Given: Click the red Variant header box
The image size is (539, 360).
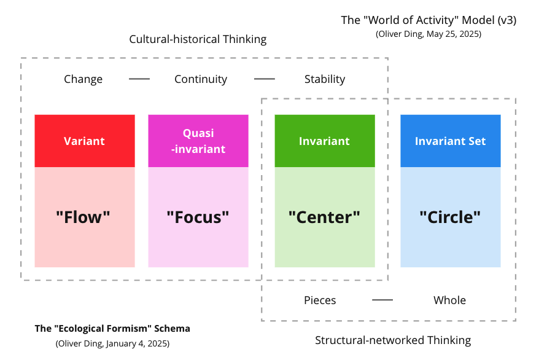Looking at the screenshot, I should click(x=85, y=141).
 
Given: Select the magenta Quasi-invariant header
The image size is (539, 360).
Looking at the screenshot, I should click(x=198, y=141).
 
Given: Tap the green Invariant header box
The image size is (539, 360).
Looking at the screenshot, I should click(x=324, y=141).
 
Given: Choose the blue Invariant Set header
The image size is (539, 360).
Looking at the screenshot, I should click(x=450, y=141).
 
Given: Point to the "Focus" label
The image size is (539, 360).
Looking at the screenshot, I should click(x=198, y=217).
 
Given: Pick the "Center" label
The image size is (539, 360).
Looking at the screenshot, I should click(x=324, y=217).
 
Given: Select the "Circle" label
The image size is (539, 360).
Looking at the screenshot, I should click(x=450, y=217).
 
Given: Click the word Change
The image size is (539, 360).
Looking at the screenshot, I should click(x=83, y=79).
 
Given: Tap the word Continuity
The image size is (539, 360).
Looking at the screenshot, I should click(x=201, y=79).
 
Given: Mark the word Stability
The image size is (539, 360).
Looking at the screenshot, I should click(x=325, y=79).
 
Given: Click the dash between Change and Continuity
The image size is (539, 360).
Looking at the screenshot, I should click(x=139, y=79).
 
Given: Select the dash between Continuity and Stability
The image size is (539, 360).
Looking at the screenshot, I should click(x=265, y=79).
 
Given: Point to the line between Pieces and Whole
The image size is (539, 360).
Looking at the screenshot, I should click(x=382, y=300).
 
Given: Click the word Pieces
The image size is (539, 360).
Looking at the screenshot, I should click(x=320, y=300).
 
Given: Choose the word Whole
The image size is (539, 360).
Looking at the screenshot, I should click(x=449, y=300).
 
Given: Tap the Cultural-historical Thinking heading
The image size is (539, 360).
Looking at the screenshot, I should click(x=198, y=39).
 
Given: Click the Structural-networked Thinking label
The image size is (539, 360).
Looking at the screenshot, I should click(x=393, y=340).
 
